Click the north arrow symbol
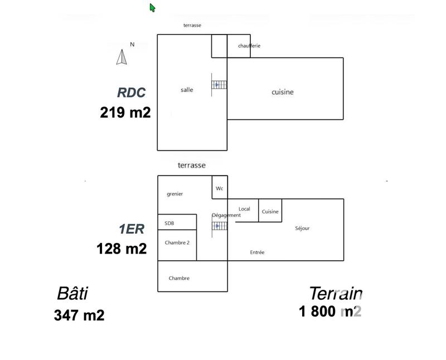coord(122,56)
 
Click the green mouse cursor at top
coord(152,7)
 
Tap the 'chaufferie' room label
coord(249,46)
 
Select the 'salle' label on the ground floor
coord(187,90)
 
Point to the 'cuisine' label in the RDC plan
coord(282,92)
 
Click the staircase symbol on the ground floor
coord(219,85)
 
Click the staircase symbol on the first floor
coord(219,226)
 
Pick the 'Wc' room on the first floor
coord(220,188)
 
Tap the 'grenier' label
coord(175,194)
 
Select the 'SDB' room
coord(169,223)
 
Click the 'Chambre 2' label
coord(177,242)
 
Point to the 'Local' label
coord(244,209)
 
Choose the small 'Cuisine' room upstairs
coord(270,212)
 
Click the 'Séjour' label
coord(302,228)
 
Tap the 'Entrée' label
coord(257,252)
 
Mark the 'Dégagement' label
coord(226,215)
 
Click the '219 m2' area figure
coord(125,113)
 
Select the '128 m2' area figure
coord(122,249)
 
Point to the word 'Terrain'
coord(336,293)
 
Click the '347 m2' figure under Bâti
coord(79,315)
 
